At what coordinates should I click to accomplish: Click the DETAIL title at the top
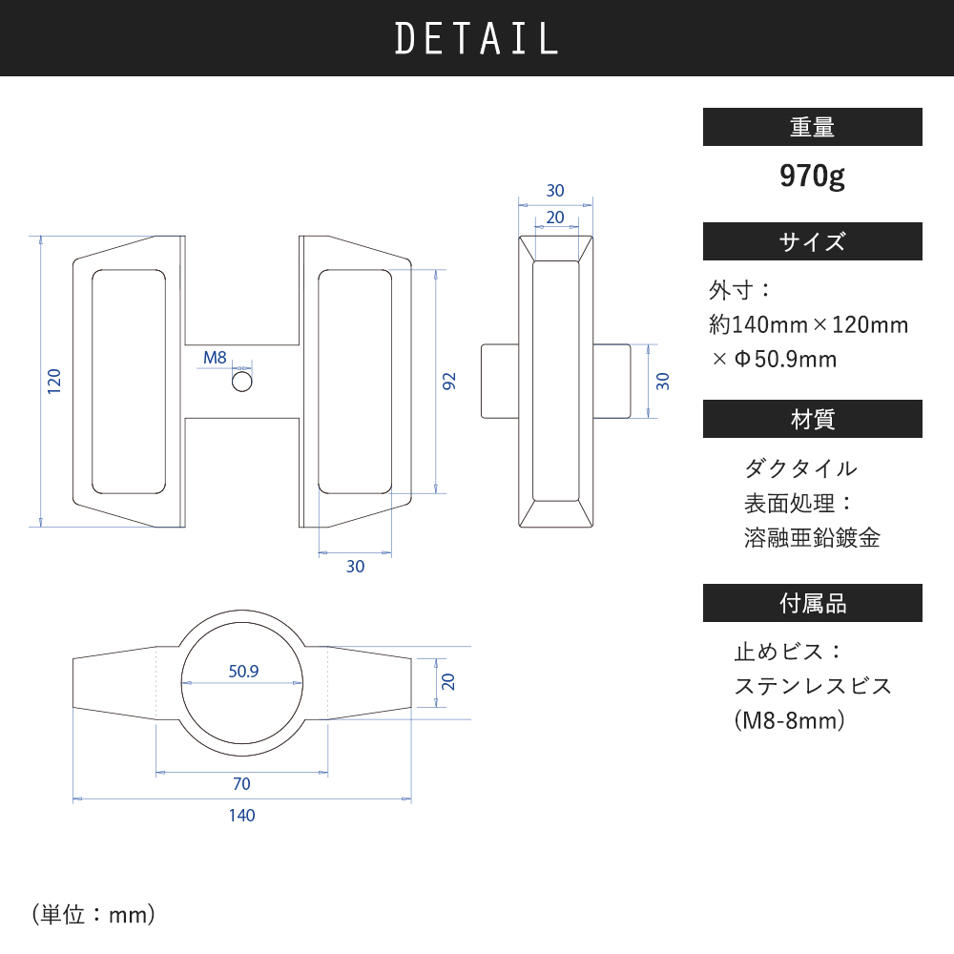476,38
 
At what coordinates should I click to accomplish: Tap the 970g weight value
812,176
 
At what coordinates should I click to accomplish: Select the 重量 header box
812,127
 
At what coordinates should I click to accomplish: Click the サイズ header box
812,241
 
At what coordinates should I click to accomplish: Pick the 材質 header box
812,419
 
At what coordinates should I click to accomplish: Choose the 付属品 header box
812,603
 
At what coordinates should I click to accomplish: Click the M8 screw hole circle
242,383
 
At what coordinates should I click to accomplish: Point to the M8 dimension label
215,358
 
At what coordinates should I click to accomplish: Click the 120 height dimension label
54,381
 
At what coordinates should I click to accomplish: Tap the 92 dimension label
448,382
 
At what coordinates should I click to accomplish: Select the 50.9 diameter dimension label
243,671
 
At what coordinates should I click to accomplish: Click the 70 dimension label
241,783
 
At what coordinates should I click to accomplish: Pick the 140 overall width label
241,816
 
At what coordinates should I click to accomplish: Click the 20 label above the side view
555,218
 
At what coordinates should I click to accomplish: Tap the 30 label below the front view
355,567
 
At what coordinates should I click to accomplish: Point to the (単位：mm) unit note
93,915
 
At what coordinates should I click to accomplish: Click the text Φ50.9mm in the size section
785,359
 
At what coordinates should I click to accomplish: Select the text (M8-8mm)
790,720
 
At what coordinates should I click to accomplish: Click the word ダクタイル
800,468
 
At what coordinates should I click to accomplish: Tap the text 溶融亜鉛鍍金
812,538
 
